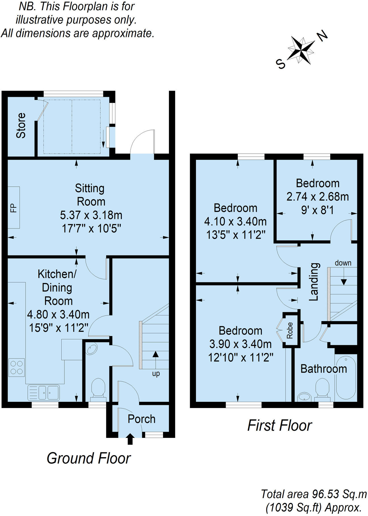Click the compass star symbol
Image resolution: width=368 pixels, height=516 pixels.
tap(301, 50)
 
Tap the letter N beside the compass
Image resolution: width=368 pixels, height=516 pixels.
tap(322, 36)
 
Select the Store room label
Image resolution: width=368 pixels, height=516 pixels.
tap(21, 125)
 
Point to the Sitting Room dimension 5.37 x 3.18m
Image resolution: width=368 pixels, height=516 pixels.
tap(91, 215)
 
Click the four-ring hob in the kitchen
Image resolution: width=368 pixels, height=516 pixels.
tap(16, 367)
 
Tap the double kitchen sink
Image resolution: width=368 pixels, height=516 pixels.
tap(43, 392)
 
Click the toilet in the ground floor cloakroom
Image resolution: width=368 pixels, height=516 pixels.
tap(98, 388)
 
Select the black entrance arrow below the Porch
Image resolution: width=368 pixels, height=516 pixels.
tap(130, 439)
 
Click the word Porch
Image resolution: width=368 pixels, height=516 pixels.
tap(141, 419)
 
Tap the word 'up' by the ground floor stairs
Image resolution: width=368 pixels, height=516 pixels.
tap(156, 373)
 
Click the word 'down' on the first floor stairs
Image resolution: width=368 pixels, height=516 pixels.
tap(343, 263)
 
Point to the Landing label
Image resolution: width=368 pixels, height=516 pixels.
tap(314, 282)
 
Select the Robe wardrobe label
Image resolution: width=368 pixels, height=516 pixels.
tap(290, 330)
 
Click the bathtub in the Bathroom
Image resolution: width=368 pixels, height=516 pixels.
tap(346, 377)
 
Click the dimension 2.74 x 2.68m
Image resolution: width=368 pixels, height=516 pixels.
tap(317, 197)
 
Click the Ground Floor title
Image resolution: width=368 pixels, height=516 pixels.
tap(88, 458)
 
